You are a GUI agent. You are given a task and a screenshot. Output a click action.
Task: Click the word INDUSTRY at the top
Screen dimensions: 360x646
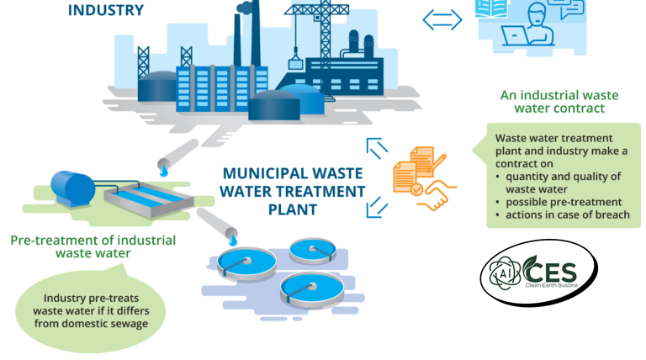click(x=105, y=11)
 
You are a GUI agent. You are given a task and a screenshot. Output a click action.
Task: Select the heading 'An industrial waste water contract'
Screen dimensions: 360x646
click(x=553, y=102)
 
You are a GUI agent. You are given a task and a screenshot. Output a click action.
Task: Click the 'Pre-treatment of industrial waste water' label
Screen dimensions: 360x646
click(x=93, y=246)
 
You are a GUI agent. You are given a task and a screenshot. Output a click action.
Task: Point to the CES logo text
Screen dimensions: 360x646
click(x=552, y=271)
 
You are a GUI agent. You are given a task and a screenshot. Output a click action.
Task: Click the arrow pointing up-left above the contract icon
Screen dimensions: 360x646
click(x=378, y=149)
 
